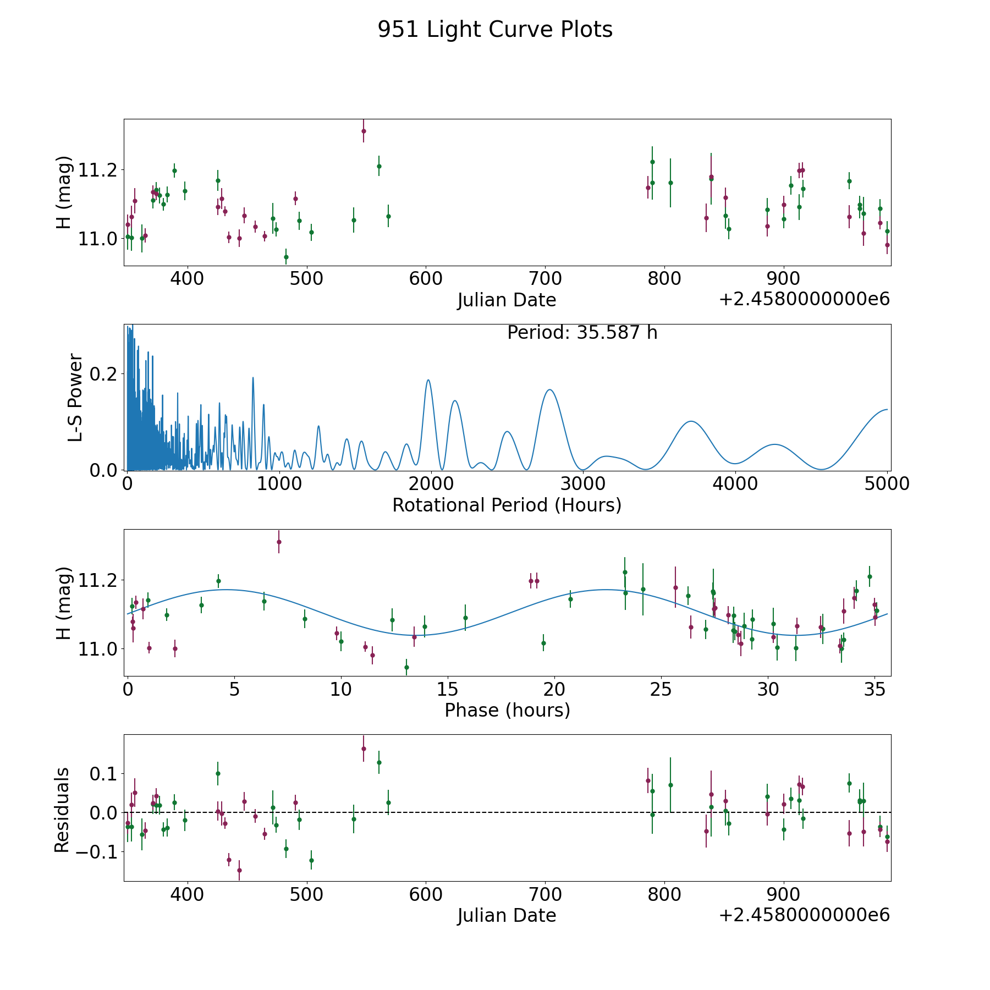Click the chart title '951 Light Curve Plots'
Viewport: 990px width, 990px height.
point(495,30)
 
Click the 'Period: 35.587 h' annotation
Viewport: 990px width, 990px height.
point(582,333)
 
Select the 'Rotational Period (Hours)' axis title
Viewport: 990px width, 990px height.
point(507,505)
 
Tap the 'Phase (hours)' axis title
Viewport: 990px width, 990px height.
point(507,710)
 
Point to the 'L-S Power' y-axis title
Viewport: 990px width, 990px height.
point(75,397)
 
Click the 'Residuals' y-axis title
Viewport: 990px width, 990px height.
point(62,810)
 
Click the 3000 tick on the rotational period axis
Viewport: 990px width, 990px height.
point(583,483)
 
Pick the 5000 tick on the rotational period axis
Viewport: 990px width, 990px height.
point(887,483)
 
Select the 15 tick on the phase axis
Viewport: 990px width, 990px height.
point(448,689)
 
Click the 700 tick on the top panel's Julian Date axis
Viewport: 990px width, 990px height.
point(545,278)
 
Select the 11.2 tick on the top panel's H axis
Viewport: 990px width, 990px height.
point(99,170)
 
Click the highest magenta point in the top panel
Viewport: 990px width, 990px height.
point(364,131)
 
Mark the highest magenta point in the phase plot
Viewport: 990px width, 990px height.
point(279,542)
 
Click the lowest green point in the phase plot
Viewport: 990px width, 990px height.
point(406,667)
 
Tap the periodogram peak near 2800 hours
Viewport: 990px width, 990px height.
point(549,390)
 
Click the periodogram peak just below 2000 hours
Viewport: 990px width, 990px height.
point(428,380)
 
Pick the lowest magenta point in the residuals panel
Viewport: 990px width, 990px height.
point(239,870)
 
